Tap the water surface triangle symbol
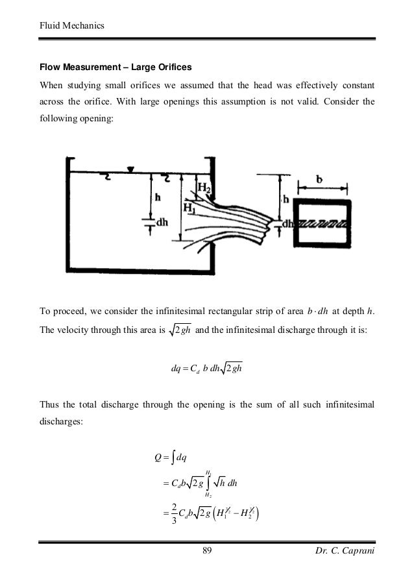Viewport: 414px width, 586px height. coord(130,170)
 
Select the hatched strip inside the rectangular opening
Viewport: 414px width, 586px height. coord(323,223)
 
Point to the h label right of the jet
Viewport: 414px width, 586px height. coord(286,199)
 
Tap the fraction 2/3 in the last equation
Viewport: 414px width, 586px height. coord(166,520)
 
